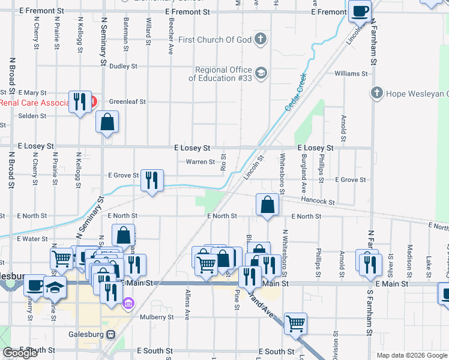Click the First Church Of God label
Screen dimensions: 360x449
tap(215, 40)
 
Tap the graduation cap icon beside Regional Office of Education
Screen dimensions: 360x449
tap(261, 74)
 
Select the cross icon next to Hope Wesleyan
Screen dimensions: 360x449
tap(376, 93)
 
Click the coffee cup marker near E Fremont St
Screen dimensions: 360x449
tap(360, 11)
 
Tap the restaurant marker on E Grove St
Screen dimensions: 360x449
tap(152, 179)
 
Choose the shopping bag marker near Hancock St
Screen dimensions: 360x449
tap(267, 205)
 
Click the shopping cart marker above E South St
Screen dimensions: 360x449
tap(295, 323)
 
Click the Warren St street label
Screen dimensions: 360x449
tap(200, 162)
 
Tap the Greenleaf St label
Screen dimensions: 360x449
tap(127, 102)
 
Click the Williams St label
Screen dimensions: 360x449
tap(351, 74)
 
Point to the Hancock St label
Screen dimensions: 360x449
tap(318, 203)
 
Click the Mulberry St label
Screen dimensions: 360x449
tap(157, 317)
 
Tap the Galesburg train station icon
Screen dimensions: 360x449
tap(110, 334)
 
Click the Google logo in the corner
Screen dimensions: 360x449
tap(20, 353)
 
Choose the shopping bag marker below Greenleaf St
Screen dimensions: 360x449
tap(107, 122)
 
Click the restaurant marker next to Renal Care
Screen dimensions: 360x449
tap(79, 101)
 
